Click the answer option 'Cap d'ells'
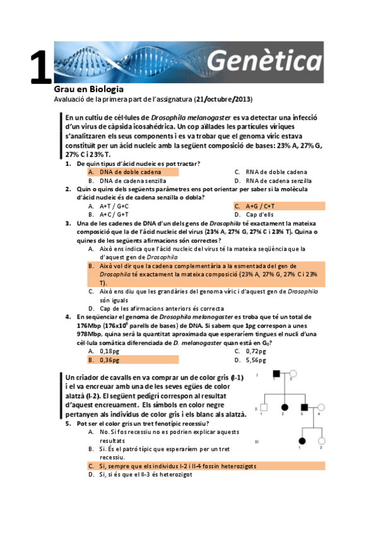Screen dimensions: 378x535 pos(259,215)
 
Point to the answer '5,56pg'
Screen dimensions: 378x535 pos(256,360)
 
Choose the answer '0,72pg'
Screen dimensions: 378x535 pos(256,351)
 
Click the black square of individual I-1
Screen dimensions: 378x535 pos(276,375)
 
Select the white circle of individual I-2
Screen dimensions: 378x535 pos(292,375)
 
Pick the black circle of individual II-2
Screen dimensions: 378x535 pos(284,407)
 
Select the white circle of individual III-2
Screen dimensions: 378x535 pos(321,440)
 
